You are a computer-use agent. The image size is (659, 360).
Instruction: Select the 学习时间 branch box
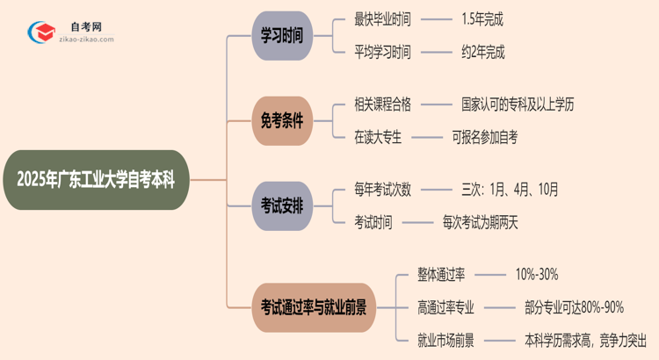pyautogui.click(x=281, y=35)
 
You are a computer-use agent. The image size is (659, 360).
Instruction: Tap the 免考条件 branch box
pyautogui.click(x=281, y=121)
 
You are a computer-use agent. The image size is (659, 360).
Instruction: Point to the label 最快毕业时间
pyautogui.click(x=382, y=18)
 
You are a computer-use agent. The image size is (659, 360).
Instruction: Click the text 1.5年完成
pyautogui.click(x=482, y=18)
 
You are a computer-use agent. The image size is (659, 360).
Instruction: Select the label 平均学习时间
pyautogui.click(x=382, y=52)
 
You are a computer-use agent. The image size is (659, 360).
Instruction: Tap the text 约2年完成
pyautogui.click(x=482, y=52)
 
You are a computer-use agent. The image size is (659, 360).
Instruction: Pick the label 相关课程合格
pyautogui.click(x=382, y=104)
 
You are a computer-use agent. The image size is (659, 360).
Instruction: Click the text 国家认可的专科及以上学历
pyautogui.click(x=518, y=104)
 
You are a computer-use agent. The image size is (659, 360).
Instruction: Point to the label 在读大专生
pyautogui.click(x=376, y=137)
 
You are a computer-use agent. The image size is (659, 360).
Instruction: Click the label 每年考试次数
pyautogui.click(x=382, y=189)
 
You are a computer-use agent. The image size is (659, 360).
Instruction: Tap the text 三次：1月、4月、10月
pyautogui.click(x=510, y=189)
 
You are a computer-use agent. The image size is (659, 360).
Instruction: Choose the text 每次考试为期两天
pyautogui.click(x=480, y=222)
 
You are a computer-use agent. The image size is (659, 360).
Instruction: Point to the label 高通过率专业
pyautogui.click(x=445, y=306)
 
